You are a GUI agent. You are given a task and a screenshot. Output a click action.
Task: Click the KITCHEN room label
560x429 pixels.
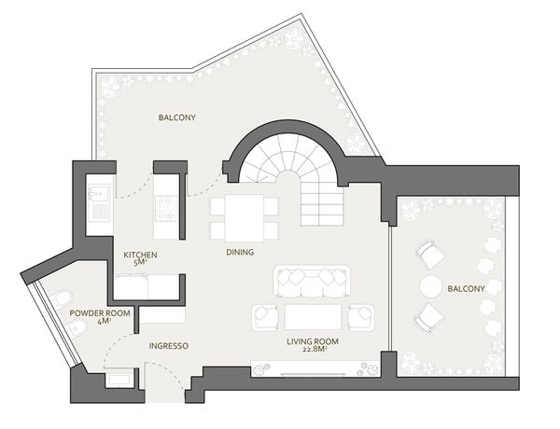tap(140, 255)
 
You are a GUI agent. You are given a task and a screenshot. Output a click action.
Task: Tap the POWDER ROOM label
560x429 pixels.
tap(100, 313)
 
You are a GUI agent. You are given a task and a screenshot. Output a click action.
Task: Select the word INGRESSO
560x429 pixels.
tap(169, 346)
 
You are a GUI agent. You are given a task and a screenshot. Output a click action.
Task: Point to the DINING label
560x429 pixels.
tap(240, 252)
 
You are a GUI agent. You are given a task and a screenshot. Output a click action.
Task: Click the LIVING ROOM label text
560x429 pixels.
tap(313, 341)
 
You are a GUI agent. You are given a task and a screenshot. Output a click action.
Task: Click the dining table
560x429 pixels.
tap(245, 218)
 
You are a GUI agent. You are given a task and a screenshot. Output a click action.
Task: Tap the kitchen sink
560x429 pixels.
tap(100, 202)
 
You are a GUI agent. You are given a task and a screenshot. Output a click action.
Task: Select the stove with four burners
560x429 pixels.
tap(167, 208)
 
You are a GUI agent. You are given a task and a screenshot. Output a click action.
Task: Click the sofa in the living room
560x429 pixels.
tap(312, 282)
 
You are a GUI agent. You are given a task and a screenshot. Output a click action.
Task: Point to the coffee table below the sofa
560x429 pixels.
tap(314, 317)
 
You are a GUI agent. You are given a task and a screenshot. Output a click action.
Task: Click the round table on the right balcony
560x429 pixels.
tap(431, 286)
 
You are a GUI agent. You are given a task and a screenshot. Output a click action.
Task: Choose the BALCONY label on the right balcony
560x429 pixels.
tap(466, 289)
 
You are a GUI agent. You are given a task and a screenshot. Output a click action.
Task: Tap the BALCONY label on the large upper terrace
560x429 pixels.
tap(177, 118)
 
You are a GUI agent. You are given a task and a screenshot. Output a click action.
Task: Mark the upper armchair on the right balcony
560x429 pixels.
tap(430, 254)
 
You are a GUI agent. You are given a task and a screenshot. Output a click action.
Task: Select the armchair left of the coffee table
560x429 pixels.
tap(265, 317)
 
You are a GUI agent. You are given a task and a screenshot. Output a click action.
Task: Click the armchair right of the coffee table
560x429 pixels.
tap(361, 317)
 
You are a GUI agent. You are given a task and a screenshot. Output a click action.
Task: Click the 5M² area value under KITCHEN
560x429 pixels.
tap(140, 263)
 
